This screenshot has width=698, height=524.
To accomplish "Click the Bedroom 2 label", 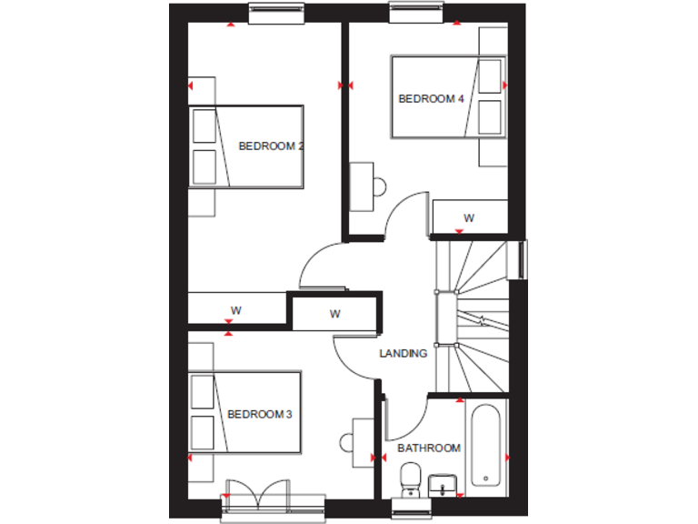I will point(270,146).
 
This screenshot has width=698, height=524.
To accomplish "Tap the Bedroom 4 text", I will point(426,98).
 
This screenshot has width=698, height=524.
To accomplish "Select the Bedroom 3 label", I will point(259,415).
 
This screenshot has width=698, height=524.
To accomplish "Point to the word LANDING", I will point(404,353).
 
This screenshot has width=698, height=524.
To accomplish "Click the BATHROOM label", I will point(429,448).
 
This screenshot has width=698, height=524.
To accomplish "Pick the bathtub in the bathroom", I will point(486,446).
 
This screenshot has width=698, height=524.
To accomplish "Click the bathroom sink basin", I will point(444,483).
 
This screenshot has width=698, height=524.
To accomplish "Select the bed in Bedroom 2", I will point(246,146).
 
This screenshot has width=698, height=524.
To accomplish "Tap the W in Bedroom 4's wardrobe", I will point(469,218).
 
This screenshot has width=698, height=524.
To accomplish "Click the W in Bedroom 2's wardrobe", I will point(235,310).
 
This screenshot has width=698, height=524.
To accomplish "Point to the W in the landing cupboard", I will point(334,315).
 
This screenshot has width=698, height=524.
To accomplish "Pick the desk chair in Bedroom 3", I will point(346,443).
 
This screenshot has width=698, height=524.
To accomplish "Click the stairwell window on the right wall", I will point(523,258).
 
